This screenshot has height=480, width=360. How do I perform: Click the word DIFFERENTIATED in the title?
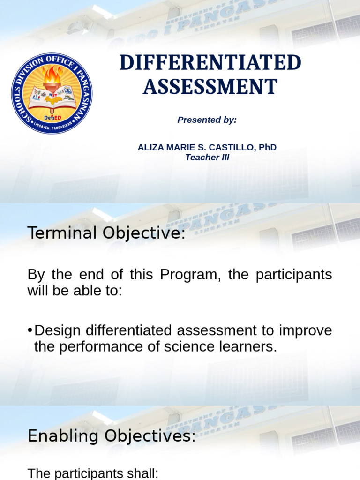[210, 63]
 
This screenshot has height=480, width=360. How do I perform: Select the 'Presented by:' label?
[207, 120]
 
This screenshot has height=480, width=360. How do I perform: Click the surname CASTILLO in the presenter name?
[232, 147]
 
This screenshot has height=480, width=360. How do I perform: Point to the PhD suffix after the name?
[267, 147]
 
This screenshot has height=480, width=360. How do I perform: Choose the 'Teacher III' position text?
[207, 157]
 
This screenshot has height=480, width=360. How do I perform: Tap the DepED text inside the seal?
[52, 117]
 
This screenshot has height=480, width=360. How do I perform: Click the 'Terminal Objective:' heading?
[107, 233]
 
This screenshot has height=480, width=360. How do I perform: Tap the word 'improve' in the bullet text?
[305, 330]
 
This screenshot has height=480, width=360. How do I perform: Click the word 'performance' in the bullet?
[106, 347]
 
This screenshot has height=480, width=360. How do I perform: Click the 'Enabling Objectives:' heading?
[112, 436]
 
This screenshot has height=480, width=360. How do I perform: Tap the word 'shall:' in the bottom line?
[142, 473]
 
